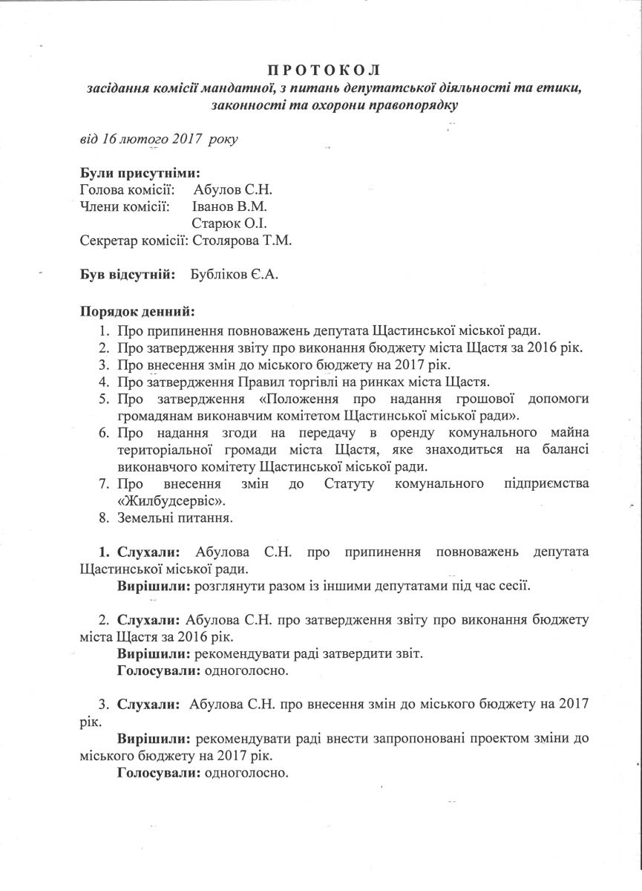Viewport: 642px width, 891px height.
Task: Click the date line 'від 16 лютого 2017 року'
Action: point(159,139)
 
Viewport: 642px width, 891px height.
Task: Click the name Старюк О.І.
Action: point(229,223)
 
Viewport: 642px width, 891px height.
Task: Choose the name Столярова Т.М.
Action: point(242,240)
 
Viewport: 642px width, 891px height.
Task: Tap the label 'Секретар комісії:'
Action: point(134,240)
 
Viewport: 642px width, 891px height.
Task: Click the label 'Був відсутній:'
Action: point(128,274)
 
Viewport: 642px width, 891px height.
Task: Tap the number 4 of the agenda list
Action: point(104,382)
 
